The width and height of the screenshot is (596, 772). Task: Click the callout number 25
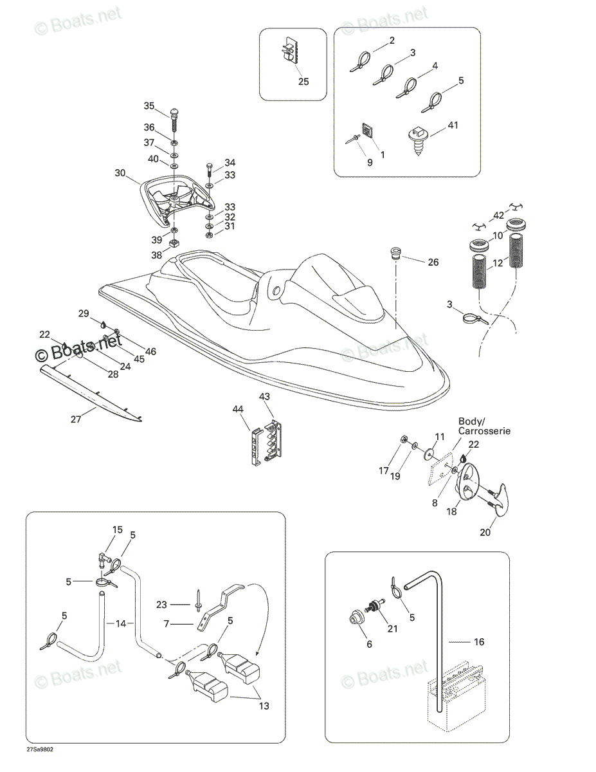point(303,82)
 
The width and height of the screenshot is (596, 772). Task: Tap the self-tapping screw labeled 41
point(418,141)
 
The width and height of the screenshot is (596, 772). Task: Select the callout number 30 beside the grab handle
point(120,173)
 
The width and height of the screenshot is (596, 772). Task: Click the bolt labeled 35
point(174,121)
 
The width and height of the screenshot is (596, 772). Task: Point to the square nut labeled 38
point(174,243)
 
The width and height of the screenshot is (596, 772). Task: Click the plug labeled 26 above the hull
point(395,252)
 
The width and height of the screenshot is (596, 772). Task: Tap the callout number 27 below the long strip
point(76,419)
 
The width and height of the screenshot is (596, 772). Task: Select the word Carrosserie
point(484,431)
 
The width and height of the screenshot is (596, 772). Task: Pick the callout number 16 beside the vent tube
point(479,641)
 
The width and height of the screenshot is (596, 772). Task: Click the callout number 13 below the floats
point(264,706)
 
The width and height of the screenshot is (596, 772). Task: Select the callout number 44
point(237,410)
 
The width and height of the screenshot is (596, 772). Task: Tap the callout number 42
point(499,216)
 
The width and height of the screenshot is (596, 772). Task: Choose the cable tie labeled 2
point(360,61)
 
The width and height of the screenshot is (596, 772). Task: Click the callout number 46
point(151,351)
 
